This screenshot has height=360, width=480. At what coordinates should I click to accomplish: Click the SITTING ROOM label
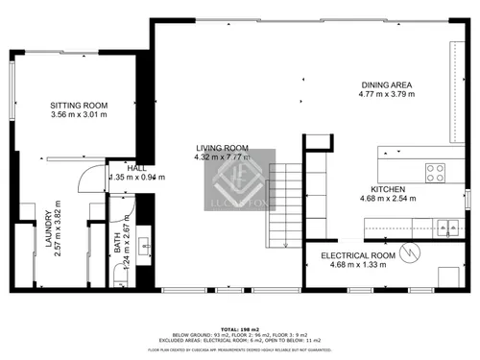pos(79,106)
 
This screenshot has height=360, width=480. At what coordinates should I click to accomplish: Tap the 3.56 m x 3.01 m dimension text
pos(79,116)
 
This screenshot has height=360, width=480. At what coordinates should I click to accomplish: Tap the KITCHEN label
pos(388,190)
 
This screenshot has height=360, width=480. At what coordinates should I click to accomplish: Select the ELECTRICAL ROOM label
pos(358,254)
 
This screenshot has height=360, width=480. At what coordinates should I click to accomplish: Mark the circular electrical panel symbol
pos(411,253)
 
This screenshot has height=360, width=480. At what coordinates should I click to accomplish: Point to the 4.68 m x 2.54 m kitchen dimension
pos(388,200)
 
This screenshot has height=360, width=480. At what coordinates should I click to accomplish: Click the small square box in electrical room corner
pos(447,276)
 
